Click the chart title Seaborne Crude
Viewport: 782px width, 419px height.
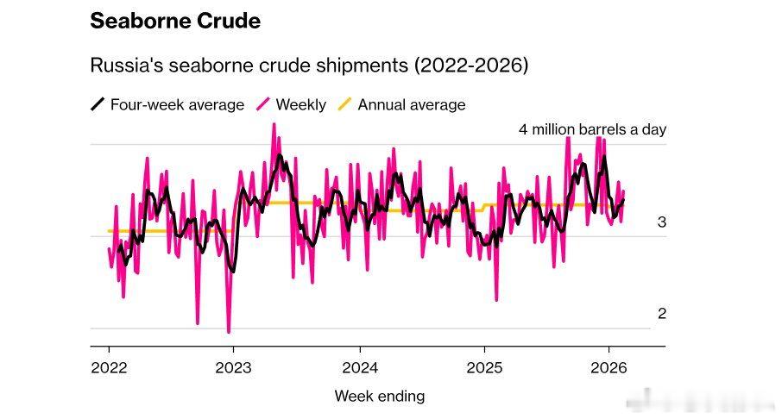pyautogui.click(x=175, y=21)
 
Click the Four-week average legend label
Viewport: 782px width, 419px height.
pyautogui.click(x=177, y=105)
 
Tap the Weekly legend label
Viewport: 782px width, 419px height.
pyautogui.click(x=300, y=105)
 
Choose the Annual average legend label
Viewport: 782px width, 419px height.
pyautogui.click(x=411, y=105)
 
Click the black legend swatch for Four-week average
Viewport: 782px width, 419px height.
pyautogui.click(x=98, y=105)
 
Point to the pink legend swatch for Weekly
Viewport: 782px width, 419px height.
pyautogui.click(x=262, y=105)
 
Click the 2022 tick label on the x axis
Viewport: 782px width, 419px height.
pyautogui.click(x=109, y=367)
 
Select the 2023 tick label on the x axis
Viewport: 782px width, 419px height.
pyautogui.click(x=233, y=367)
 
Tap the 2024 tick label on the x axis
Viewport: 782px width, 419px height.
pyautogui.click(x=358, y=367)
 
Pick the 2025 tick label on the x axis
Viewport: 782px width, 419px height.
pyautogui.click(x=483, y=367)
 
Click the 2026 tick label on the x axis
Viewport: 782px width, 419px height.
pyautogui.click(x=609, y=367)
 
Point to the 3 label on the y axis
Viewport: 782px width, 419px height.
pyautogui.click(x=662, y=222)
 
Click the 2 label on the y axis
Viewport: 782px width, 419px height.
pyautogui.click(x=662, y=314)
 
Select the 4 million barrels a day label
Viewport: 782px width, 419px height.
pyautogui.click(x=592, y=129)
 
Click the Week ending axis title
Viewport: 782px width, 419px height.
pyautogui.click(x=379, y=397)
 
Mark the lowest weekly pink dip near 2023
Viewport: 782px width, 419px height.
pyautogui.click(x=229, y=331)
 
